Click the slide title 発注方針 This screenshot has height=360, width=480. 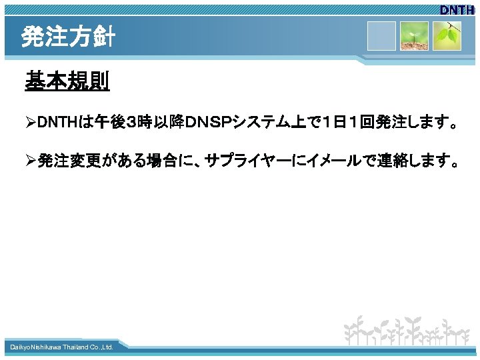tap(67, 37)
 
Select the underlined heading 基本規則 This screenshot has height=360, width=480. tap(67, 82)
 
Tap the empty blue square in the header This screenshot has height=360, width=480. tap(382, 35)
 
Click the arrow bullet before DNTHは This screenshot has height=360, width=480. tap(30, 123)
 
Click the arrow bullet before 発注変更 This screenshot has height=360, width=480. tap(30, 161)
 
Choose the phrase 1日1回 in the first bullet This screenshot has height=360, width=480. tap(333, 123)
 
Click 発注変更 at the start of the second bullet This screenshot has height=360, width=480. tap(67, 161)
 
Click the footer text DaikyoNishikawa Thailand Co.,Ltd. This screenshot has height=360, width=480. tap(61, 347)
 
